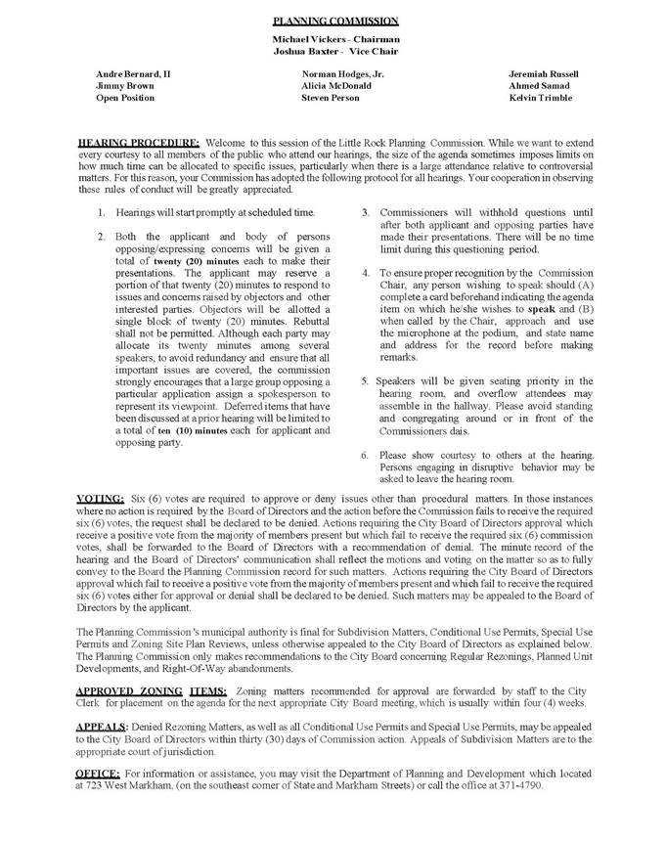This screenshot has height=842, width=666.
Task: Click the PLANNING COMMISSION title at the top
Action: point(334,20)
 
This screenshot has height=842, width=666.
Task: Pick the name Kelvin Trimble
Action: point(542,98)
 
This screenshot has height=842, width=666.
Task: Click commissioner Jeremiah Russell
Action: point(544,74)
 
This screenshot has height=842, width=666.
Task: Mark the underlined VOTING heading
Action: point(100,499)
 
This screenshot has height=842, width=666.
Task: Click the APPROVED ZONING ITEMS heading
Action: point(152,690)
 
